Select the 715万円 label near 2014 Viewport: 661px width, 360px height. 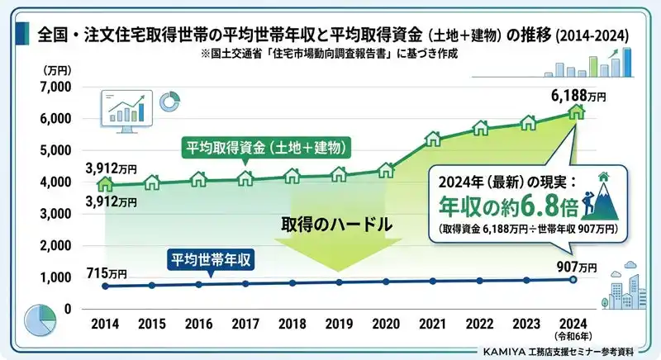click(107, 272)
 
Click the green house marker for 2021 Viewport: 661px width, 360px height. click(433, 137)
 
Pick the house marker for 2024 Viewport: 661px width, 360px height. click(575, 111)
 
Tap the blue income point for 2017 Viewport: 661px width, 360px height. click(245, 283)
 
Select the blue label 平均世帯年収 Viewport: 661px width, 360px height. click(210, 258)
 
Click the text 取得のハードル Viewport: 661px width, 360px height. click(335, 225)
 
